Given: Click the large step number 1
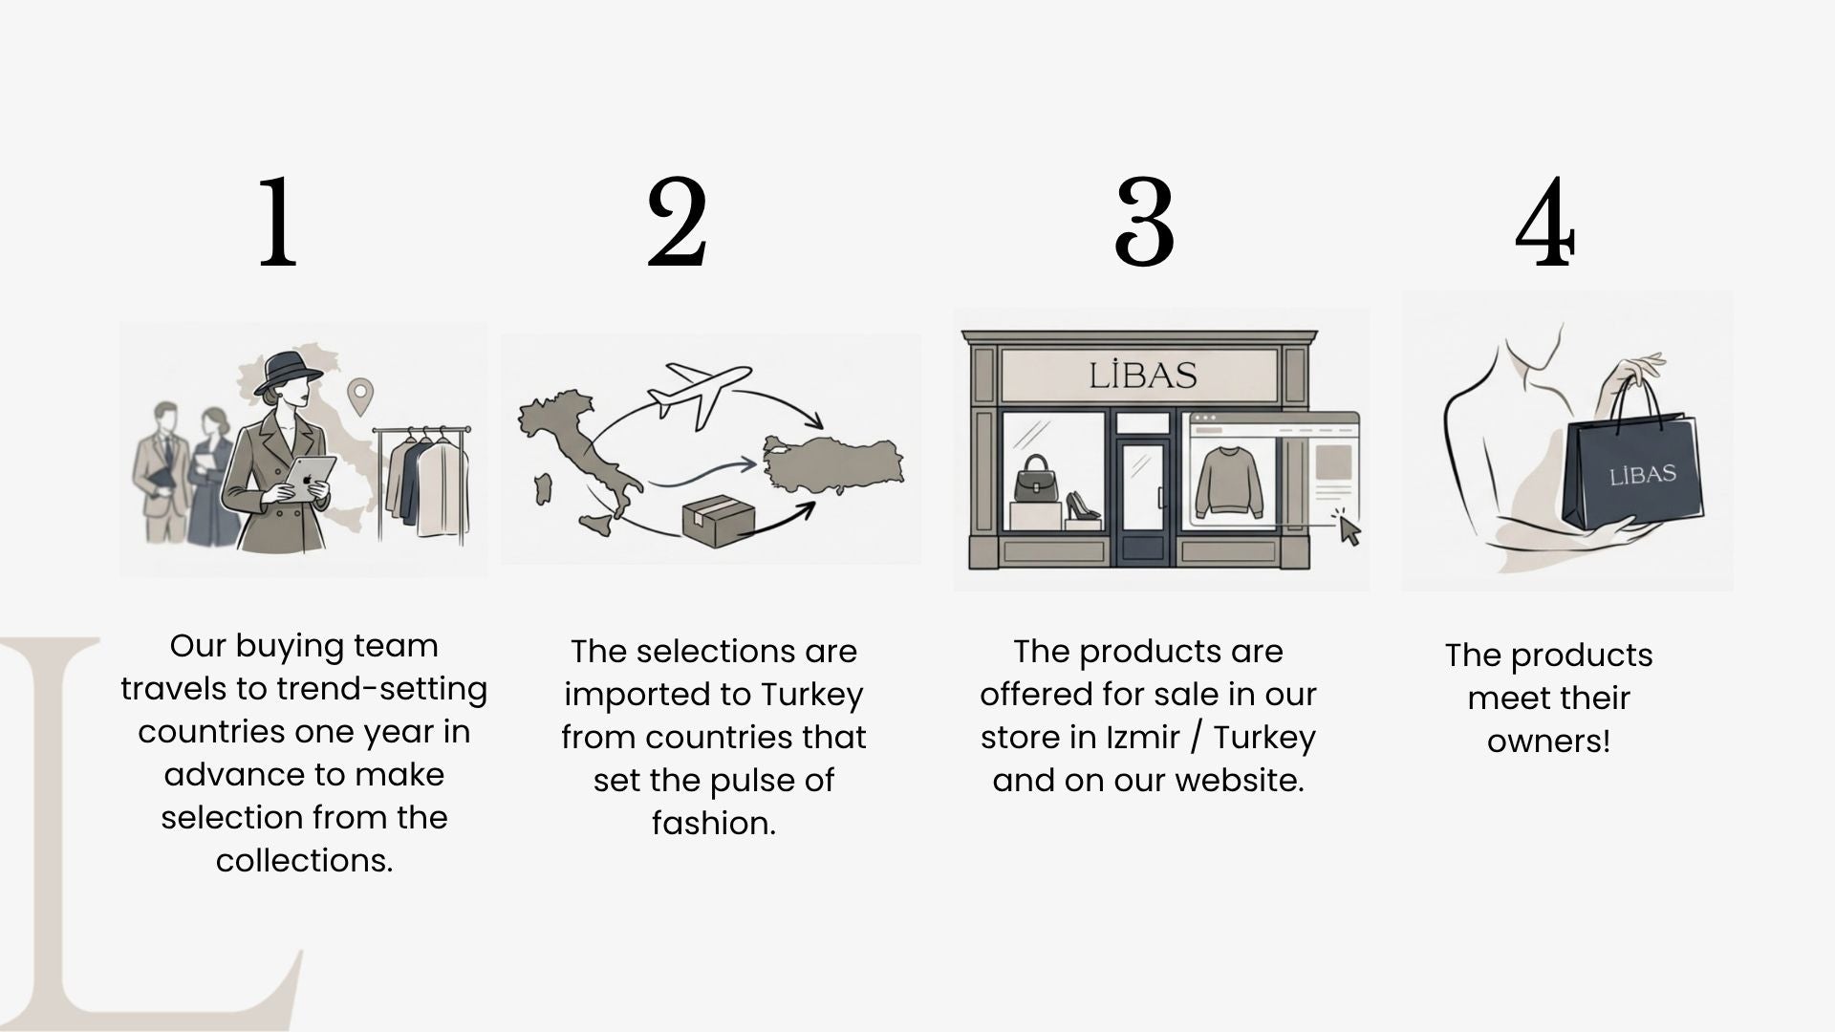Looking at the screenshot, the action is tap(278, 222).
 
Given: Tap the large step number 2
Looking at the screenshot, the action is tap(678, 222).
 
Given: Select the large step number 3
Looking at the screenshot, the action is tap(1144, 222).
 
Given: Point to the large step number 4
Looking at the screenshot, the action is tap(1545, 222).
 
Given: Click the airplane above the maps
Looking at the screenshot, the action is tap(699, 390).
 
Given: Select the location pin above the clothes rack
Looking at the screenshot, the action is tap(359, 396).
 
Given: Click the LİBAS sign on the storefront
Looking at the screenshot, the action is tap(1143, 375).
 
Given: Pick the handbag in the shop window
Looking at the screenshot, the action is tap(1036, 479).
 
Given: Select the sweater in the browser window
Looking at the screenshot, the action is tap(1229, 481).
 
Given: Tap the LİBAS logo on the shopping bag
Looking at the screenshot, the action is tap(1642, 475).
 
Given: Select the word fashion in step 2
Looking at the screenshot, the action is tap(713, 823).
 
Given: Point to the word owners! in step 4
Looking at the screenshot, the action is tap(1548, 741).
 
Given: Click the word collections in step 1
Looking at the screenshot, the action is tap(304, 860).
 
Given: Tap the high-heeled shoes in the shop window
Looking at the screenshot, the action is tap(1083, 505).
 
